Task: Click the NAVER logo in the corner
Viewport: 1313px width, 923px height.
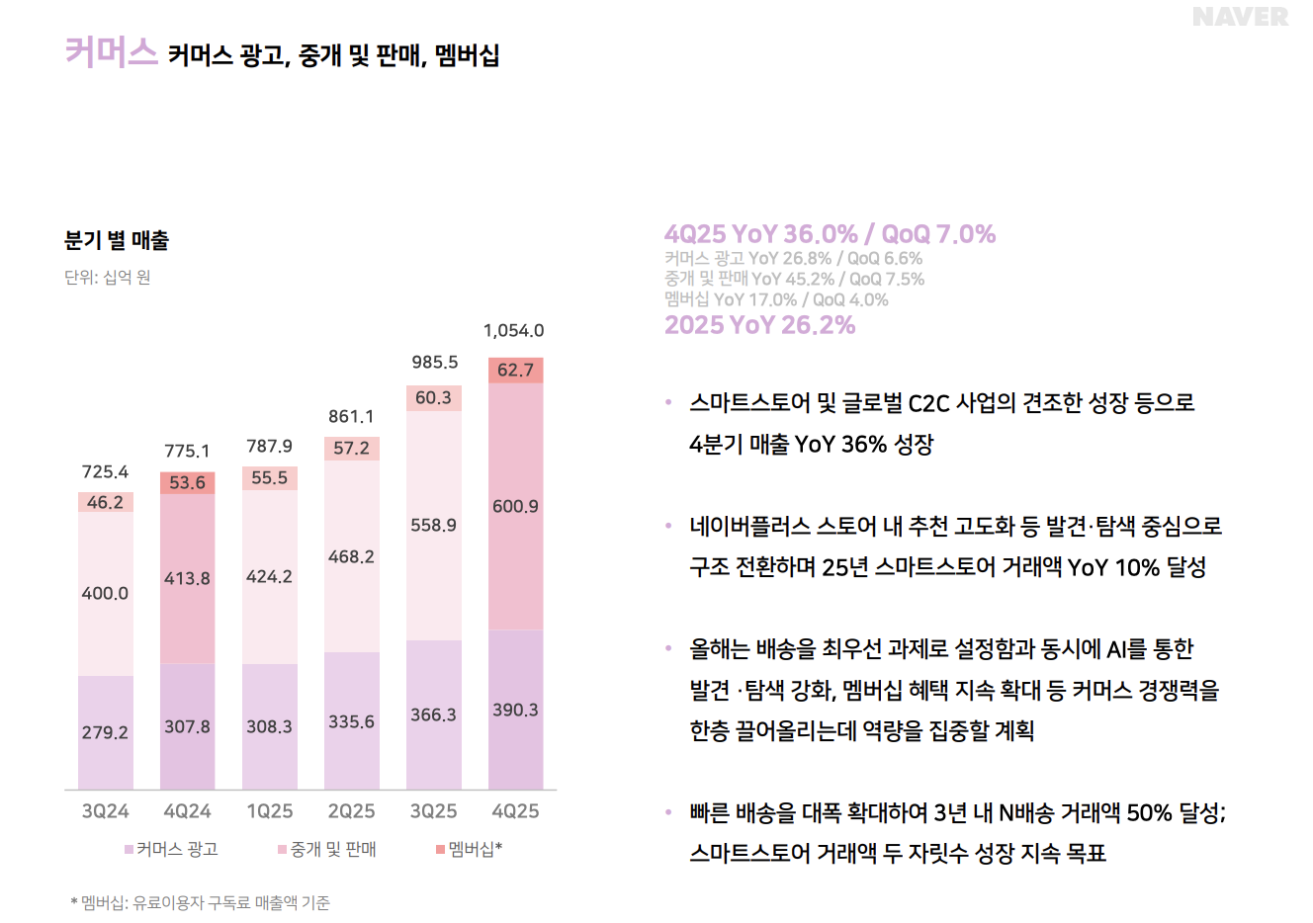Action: (1240, 17)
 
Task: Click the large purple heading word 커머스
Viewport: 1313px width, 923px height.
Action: (111, 51)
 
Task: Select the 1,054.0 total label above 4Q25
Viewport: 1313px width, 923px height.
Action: (513, 331)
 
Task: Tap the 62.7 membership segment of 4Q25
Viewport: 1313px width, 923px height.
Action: (515, 371)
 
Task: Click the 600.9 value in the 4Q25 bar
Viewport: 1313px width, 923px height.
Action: (515, 506)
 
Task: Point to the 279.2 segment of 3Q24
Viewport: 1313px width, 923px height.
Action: (105, 732)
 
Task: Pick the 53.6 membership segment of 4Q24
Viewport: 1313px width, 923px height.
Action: (187, 482)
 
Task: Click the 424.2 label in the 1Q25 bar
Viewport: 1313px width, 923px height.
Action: (269, 576)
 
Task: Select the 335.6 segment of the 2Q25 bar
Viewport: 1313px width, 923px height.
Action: (351, 721)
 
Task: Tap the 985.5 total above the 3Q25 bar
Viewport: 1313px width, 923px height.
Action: (434, 363)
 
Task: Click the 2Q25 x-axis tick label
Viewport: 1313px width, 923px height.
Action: (351, 811)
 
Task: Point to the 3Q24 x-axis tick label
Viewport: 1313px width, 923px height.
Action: (105, 811)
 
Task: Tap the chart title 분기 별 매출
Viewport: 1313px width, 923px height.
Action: (117, 240)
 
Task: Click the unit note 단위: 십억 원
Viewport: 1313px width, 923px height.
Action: (108, 278)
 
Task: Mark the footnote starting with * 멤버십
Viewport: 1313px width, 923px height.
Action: (201, 902)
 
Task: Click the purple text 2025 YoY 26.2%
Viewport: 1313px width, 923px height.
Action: (759, 325)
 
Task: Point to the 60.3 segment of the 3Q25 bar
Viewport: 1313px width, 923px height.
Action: (433, 397)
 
